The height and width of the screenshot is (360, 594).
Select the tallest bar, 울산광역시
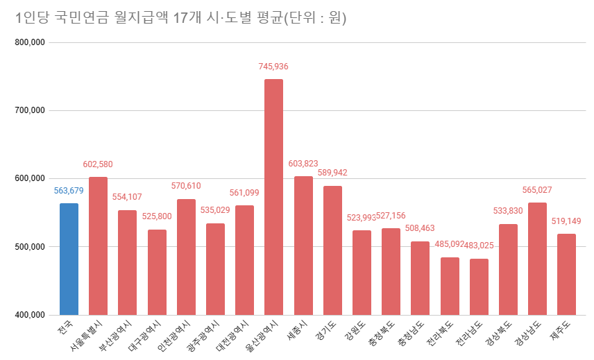273,197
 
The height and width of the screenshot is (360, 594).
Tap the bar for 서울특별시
98,246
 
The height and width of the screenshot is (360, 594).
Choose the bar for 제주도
566,274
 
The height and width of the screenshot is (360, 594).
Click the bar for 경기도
332,250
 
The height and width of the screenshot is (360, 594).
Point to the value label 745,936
273,67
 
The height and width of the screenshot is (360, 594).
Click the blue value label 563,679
69,191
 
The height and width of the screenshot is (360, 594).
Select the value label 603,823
303,164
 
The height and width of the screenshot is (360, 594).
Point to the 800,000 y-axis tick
29,42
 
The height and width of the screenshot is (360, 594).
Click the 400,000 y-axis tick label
29,315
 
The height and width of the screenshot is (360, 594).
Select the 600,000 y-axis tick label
29,179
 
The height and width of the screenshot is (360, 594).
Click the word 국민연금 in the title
71,17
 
